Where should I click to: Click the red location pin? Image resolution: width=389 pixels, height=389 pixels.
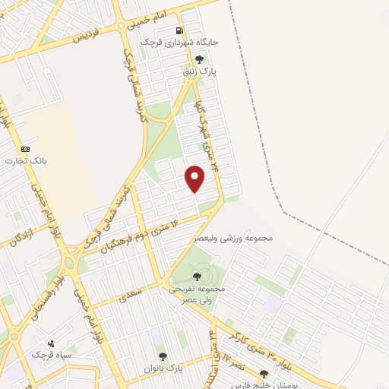pyautogui.click(x=196, y=177)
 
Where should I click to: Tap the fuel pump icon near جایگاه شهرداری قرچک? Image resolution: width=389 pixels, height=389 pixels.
pyautogui.click(x=179, y=31)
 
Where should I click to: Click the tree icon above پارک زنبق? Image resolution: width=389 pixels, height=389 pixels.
pyautogui.click(x=200, y=59)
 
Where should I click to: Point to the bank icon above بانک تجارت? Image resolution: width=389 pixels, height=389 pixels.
pyautogui.click(x=26, y=149)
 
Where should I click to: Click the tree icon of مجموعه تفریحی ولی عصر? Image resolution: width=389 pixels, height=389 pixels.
pyautogui.click(x=199, y=277)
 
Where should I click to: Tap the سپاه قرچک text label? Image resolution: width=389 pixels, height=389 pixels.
pyautogui.click(x=50, y=355)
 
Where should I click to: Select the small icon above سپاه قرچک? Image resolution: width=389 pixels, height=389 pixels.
pyautogui.click(x=51, y=343)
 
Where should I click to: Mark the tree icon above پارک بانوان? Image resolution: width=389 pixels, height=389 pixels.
pyautogui.click(x=161, y=356)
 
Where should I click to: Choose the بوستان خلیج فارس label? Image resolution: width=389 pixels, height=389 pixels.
pyautogui.click(x=264, y=384)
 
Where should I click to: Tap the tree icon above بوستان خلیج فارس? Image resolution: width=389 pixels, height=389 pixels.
pyautogui.click(x=264, y=374)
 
